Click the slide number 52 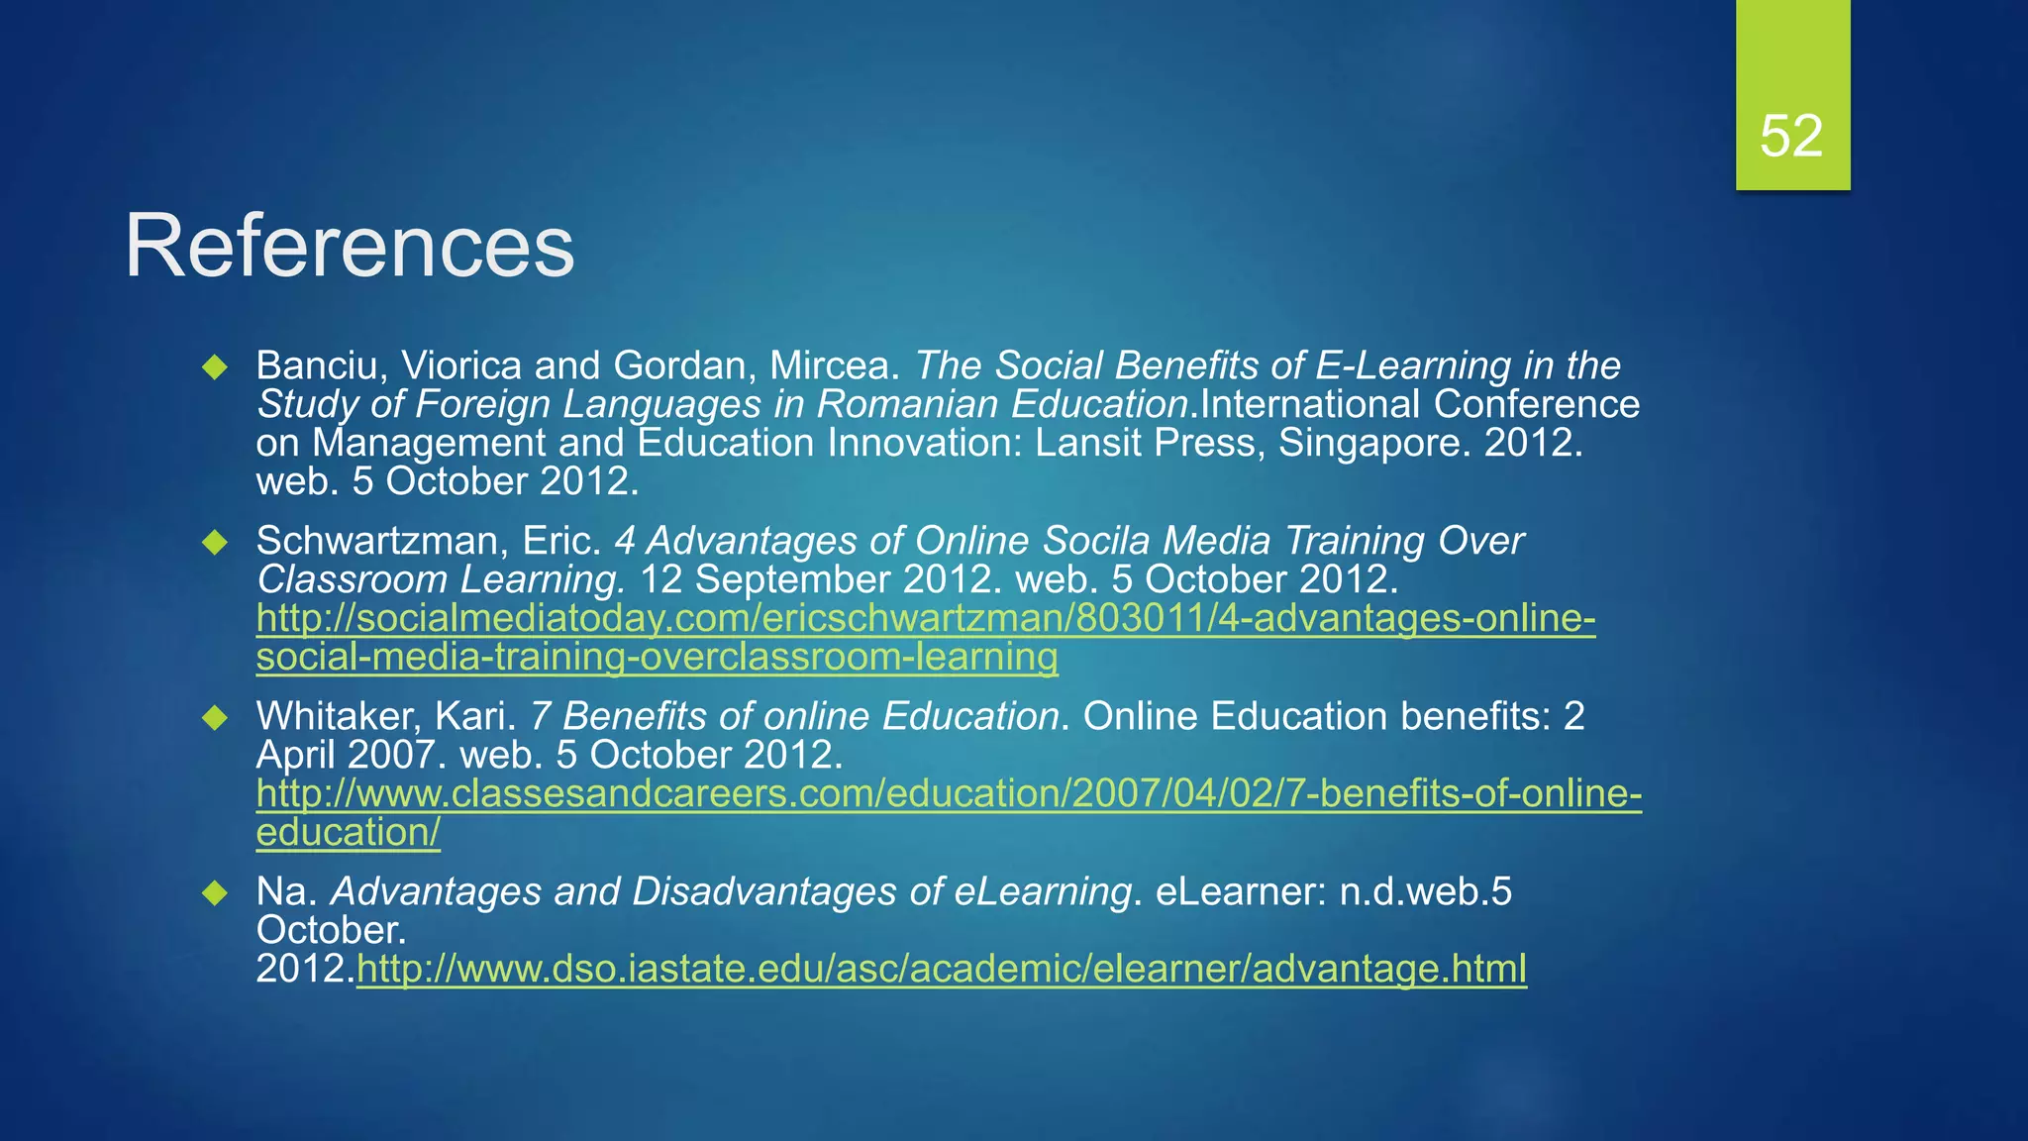click(1791, 136)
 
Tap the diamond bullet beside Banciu click(215, 367)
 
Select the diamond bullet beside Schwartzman click(215, 543)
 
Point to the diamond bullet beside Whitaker click(215, 717)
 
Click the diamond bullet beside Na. click(215, 893)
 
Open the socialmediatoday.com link click(925, 619)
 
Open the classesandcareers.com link click(948, 794)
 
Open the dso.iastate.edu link click(941, 969)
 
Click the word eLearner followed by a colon click(1240, 891)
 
